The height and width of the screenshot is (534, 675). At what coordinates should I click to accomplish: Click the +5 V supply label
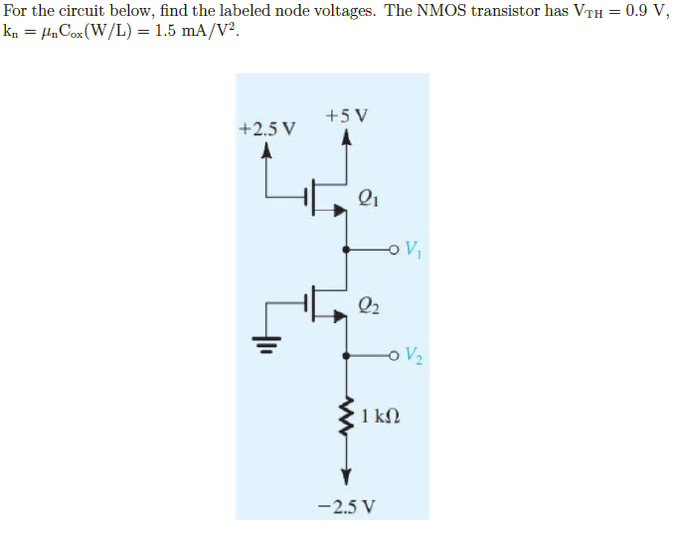(x=346, y=114)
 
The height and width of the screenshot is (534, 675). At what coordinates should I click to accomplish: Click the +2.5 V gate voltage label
(x=267, y=129)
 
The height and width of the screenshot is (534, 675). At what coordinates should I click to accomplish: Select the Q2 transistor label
(x=367, y=305)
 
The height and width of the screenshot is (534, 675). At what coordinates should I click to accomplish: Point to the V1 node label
(x=414, y=249)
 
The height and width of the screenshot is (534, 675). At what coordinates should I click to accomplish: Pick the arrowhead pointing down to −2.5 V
(x=346, y=474)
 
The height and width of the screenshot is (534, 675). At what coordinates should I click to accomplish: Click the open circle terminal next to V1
(x=395, y=249)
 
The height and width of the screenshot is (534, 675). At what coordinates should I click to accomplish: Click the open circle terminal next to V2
(x=395, y=355)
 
